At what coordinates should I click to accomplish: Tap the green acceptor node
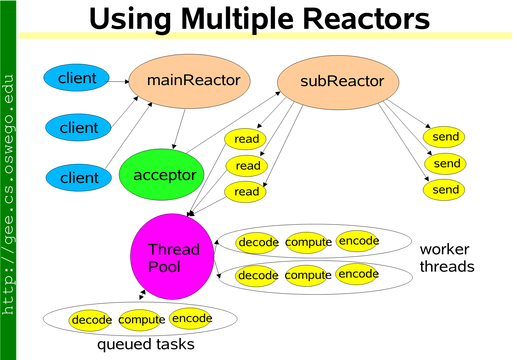tap(162, 175)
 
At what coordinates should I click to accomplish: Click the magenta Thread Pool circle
tap(172, 257)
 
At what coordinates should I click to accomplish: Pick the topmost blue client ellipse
tap(77, 78)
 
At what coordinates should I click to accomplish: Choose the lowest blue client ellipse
tap(79, 178)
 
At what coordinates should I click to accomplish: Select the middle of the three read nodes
tap(247, 166)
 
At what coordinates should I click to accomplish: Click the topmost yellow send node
tap(444, 137)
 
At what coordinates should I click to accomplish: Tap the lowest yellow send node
tap(444, 190)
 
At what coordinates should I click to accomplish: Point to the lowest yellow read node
tap(245, 192)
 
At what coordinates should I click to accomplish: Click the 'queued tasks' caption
tap(146, 344)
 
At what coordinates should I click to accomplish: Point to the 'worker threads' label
tap(446, 258)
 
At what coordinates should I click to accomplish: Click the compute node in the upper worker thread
tap(307, 243)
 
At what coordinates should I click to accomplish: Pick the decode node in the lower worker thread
tap(257, 276)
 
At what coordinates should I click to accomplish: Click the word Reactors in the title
tap(366, 19)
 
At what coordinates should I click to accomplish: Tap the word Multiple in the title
tap(237, 19)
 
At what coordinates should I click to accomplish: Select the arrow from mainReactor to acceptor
tap(179, 129)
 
